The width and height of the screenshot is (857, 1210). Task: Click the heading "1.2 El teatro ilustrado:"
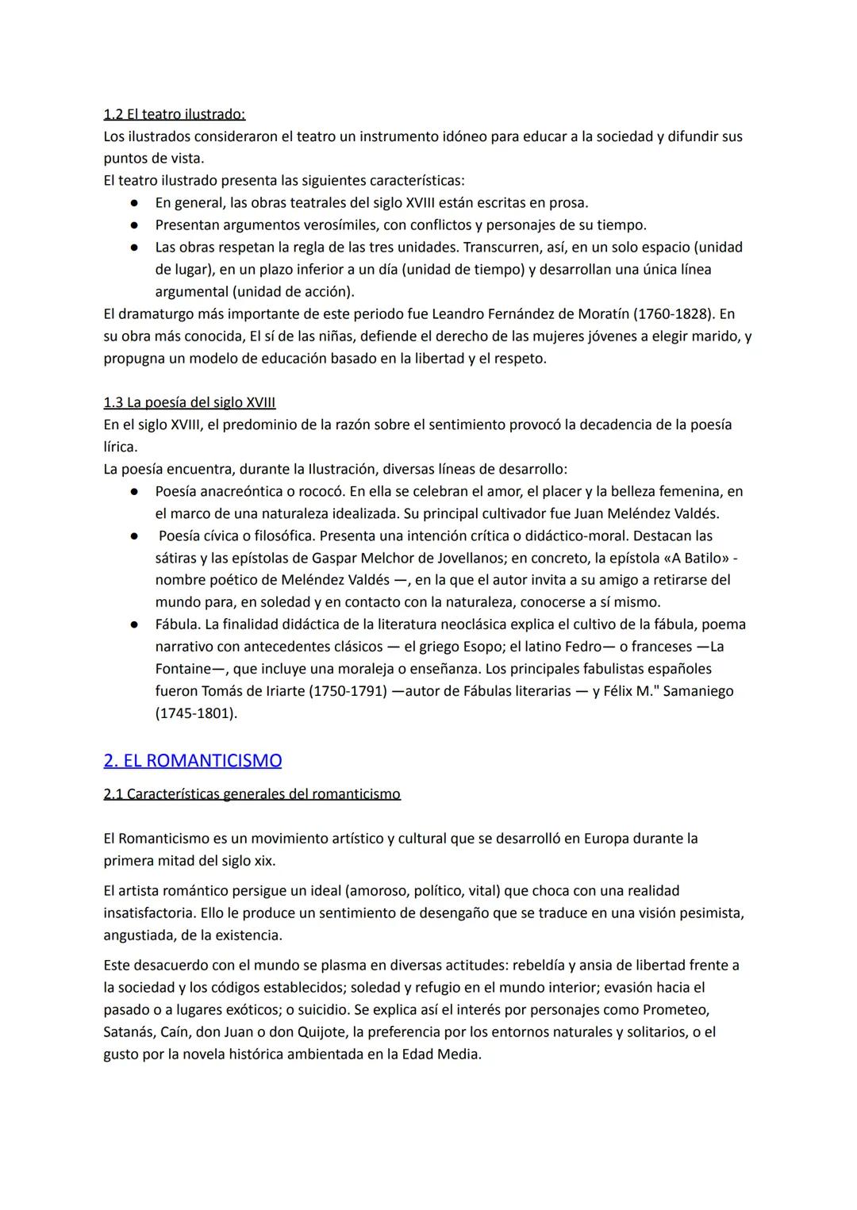(175, 113)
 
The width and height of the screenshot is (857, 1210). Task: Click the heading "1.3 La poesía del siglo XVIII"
(190, 402)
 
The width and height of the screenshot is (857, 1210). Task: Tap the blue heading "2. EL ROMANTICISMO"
(193, 760)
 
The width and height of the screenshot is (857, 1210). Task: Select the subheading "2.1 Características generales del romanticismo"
(252, 793)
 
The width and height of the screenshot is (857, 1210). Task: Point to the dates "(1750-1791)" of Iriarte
(350, 691)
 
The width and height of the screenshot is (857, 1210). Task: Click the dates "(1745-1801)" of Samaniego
(196, 713)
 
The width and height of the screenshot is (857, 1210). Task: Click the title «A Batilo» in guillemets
(695, 558)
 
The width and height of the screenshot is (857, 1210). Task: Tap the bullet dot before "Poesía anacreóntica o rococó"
(136, 492)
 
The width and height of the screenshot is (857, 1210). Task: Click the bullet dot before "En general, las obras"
(136, 203)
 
